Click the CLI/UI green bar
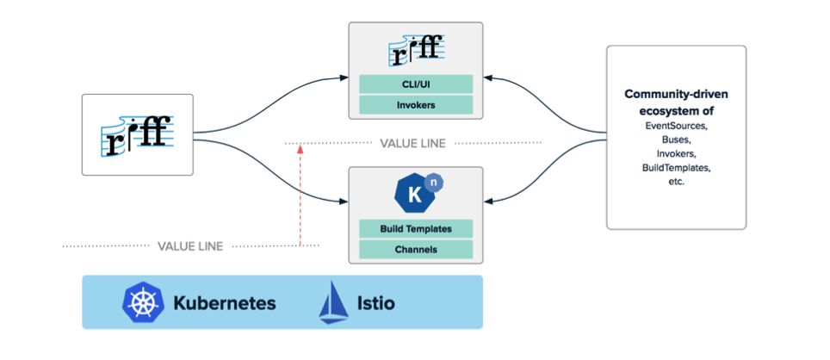coord(416,84)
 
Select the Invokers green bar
coord(416,105)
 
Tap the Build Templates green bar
coord(416,229)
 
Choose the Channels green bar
coord(416,250)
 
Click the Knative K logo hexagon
coord(414,194)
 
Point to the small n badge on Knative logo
coord(434,182)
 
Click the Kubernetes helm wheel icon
coord(143,302)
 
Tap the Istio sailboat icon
coord(333,302)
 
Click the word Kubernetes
coord(225,303)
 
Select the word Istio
coord(376,303)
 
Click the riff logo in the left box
coord(137,135)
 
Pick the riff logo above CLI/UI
coord(416,50)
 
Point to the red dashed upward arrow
coord(300,195)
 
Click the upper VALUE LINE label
coord(413,143)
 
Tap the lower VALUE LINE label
coord(190,246)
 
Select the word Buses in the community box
coord(676,140)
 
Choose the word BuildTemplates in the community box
coord(677,167)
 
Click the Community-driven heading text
coord(677,94)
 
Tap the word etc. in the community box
coord(677,181)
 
